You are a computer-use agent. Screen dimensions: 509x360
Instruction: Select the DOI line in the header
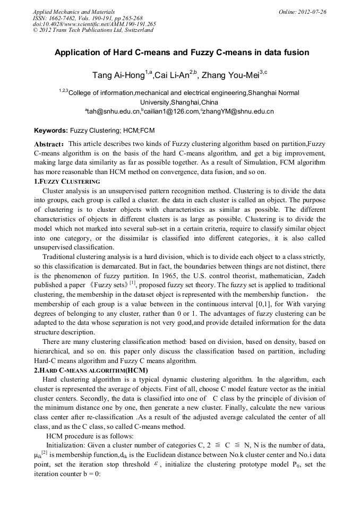click(x=94, y=24)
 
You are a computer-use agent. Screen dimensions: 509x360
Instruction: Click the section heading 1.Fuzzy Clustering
click(x=67, y=182)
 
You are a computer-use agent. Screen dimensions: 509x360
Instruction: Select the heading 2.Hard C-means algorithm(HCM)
click(x=91, y=370)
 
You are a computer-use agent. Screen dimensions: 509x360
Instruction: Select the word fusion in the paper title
click(x=296, y=53)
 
